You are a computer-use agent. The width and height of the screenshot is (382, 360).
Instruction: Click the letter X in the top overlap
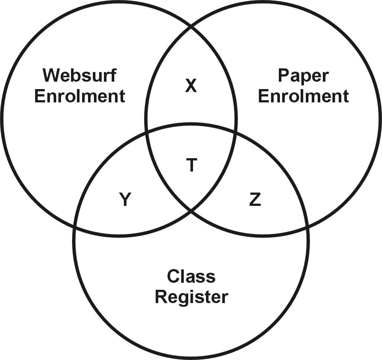coord(191,86)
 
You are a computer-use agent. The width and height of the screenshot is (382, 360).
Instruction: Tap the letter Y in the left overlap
coord(125,200)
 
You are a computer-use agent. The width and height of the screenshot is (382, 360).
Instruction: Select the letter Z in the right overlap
coord(255,200)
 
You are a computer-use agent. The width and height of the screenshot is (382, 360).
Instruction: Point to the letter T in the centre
coord(191,165)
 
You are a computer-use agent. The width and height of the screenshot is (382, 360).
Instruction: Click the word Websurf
coord(80,75)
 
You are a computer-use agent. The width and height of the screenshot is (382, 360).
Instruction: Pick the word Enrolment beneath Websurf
coord(80,96)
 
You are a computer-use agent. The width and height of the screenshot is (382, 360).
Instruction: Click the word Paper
coord(303,76)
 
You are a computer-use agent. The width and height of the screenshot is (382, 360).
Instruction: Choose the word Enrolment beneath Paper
coord(303,96)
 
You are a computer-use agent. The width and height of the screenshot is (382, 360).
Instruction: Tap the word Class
coord(191,276)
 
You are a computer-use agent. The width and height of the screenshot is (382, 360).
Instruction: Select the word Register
coord(191,297)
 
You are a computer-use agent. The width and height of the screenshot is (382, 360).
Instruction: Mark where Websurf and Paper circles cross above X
coord(191,27)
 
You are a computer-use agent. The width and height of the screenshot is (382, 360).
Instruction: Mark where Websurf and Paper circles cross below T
coord(191,211)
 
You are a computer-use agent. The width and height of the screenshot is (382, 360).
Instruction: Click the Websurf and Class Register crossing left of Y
coord(75,227)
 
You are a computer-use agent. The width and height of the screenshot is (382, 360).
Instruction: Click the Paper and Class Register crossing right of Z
coord(307,226)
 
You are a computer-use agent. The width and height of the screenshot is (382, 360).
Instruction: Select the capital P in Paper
coord(283,76)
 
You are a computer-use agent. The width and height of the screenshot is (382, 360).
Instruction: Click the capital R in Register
coord(161,297)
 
